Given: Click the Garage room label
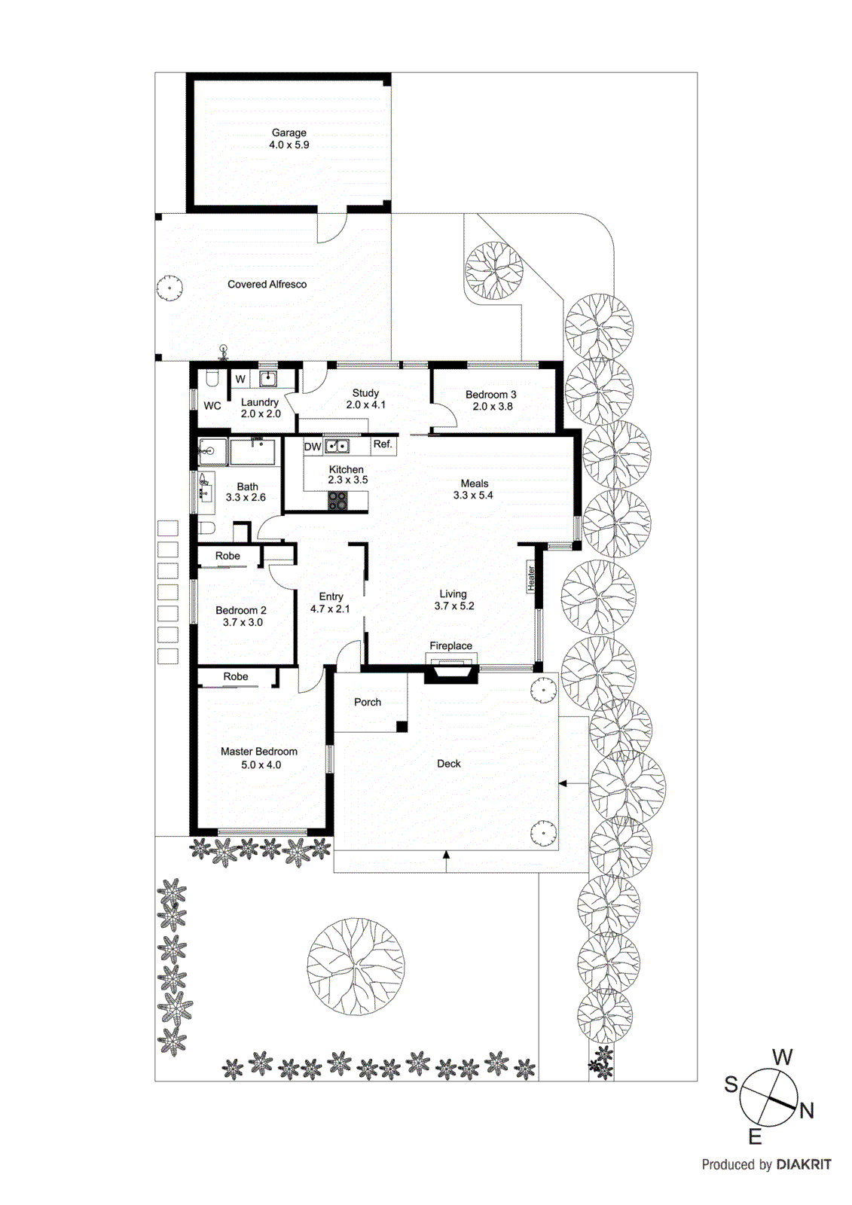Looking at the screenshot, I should pos(289,133).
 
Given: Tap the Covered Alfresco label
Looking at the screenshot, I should pos(267,285).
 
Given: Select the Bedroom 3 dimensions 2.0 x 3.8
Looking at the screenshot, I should pos(493,407).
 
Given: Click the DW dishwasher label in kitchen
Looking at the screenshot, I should pos(313,447).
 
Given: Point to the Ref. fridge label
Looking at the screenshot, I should pos(383,444).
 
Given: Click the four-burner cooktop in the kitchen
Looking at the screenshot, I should pos(338,500).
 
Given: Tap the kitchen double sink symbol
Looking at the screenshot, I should pos(337,446).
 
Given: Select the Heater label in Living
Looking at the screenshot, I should pos(531,578).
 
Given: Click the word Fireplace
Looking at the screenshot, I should pos(450,646).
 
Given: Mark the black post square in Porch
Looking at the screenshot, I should pos(402,727).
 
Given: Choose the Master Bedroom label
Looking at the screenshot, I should pos(258,752).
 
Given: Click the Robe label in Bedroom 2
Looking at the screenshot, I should pos(228,557).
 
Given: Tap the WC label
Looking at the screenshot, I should pos(212,406).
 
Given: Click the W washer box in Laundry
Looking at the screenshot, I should pos(240,379).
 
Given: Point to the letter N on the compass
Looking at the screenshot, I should pos(807,1111).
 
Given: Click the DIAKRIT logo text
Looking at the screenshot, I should pos(804,1164).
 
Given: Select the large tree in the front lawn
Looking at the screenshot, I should pos(356,966).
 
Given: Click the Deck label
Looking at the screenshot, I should pos(448,764).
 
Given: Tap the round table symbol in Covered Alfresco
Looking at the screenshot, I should pos(169,288).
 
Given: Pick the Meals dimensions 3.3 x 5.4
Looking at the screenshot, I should pos(473,496).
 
